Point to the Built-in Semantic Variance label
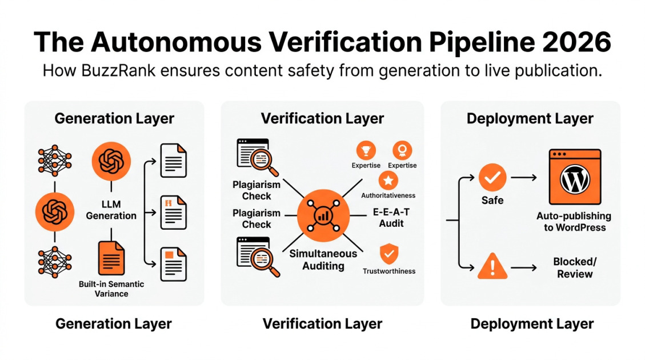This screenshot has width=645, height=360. [111, 289]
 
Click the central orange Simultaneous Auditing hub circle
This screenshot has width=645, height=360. [323, 215]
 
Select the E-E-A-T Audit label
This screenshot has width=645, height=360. [391, 217]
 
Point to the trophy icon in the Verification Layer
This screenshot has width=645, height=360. [366, 151]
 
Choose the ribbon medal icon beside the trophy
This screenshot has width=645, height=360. [402, 151]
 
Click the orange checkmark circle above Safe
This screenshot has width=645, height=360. [492, 178]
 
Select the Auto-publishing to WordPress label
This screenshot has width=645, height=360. [574, 222]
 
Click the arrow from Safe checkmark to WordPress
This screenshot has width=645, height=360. [524, 178]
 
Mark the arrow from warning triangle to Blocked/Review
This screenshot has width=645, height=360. [524, 267]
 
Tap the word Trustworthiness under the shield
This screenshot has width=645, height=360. [388, 271]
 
